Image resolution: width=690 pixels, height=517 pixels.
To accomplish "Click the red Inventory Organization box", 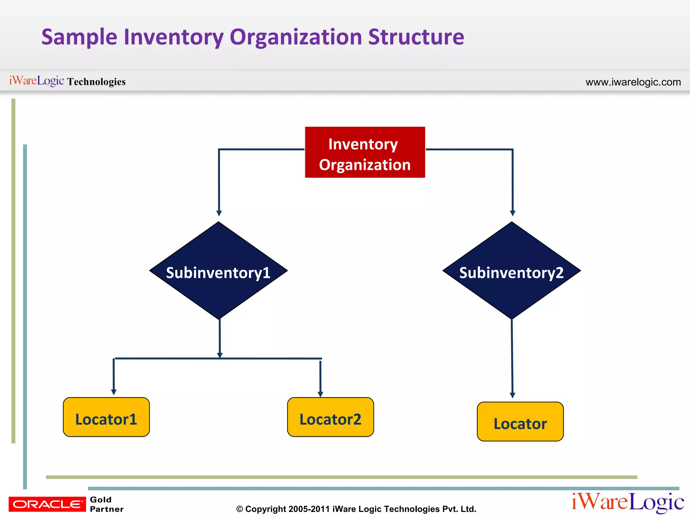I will pos(365,152).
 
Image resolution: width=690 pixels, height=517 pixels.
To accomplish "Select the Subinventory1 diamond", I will pos(218,271).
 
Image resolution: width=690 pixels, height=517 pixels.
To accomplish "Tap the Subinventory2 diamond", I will pos(511,271).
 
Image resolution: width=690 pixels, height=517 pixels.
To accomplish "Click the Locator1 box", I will pos(106,417).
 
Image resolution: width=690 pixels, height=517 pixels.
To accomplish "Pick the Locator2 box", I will pos(330,417).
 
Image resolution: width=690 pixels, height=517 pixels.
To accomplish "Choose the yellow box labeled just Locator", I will pos(520,422).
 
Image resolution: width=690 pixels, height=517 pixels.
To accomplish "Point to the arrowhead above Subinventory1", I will pos(219,213).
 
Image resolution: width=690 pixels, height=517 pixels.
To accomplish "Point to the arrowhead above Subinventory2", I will pos(513,213).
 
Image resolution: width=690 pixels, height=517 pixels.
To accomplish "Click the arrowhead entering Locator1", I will pos(114,392).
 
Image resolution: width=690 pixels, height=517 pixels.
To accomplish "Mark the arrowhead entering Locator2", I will pos(320,394).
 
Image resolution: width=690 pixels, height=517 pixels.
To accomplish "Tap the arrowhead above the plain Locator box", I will pos(512,395).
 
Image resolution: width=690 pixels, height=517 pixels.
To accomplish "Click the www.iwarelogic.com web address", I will pos(633,82).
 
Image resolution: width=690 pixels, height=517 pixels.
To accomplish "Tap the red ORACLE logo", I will pos(47,504).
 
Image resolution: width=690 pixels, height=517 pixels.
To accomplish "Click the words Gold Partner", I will pos(106,504).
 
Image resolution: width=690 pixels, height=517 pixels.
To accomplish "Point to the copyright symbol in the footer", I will pos(240,509).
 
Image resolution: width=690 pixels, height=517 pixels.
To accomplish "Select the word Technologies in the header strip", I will pos(96,82).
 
